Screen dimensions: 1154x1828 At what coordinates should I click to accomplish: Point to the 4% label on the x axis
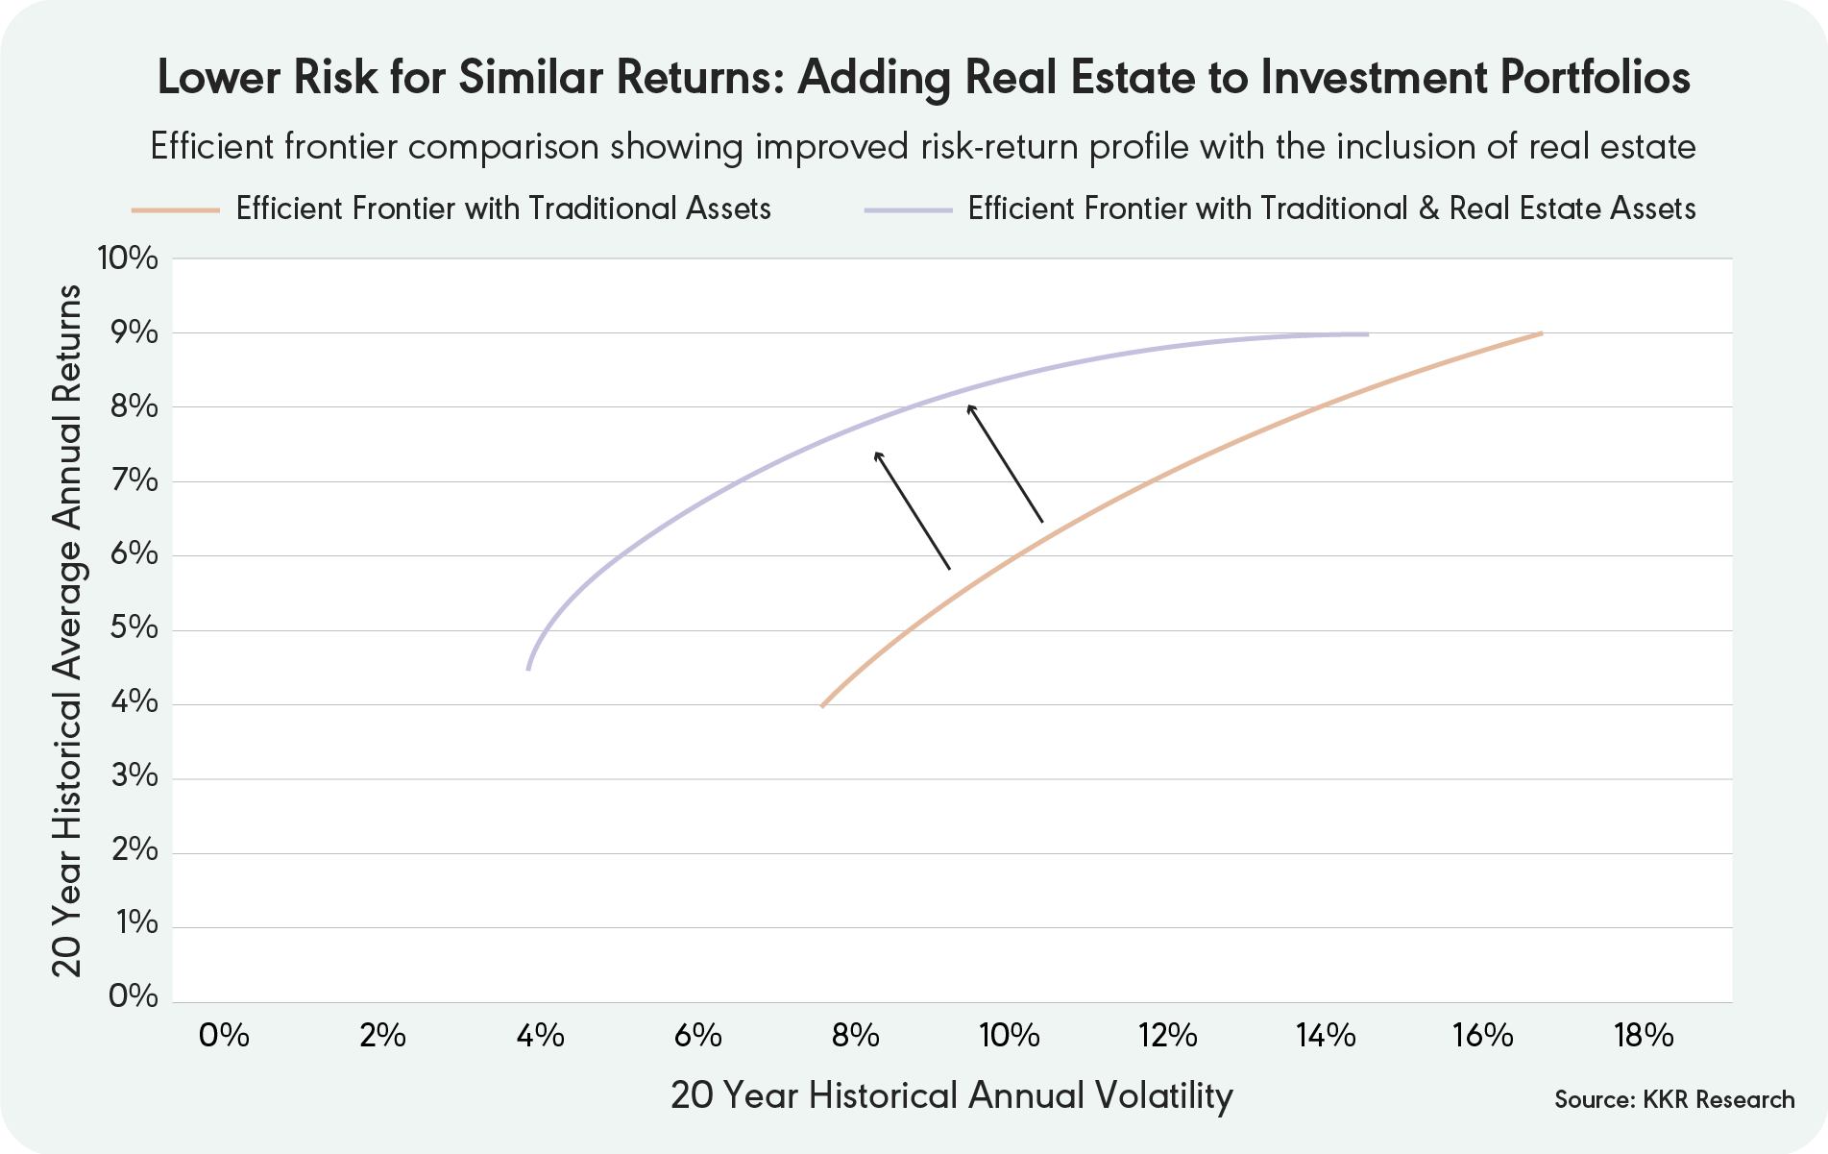point(540,1036)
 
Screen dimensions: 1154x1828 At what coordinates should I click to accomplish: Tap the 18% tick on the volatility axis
point(1644,1036)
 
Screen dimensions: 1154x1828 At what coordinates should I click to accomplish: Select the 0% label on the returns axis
point(133,996)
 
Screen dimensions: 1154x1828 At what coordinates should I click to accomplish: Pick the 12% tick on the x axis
point(1168,1036)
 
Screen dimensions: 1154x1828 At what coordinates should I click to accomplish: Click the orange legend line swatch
point(176,209)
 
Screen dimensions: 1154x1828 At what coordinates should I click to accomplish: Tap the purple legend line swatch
point(908,209)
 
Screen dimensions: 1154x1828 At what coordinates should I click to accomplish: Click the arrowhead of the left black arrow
point(876,454)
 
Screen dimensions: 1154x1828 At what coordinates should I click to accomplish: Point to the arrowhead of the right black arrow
point(970,407)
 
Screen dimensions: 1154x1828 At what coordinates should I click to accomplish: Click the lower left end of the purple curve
point(528,669)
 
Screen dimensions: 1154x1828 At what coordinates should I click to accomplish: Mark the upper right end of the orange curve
point(1541,333)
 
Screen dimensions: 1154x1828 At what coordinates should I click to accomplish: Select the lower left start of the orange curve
point(822,706)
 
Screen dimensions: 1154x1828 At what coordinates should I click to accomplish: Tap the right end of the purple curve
point(1367,334)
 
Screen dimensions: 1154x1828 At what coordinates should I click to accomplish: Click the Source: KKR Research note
point(1673,1100)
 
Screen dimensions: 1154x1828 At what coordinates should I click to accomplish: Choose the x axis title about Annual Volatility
point(951,1095)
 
